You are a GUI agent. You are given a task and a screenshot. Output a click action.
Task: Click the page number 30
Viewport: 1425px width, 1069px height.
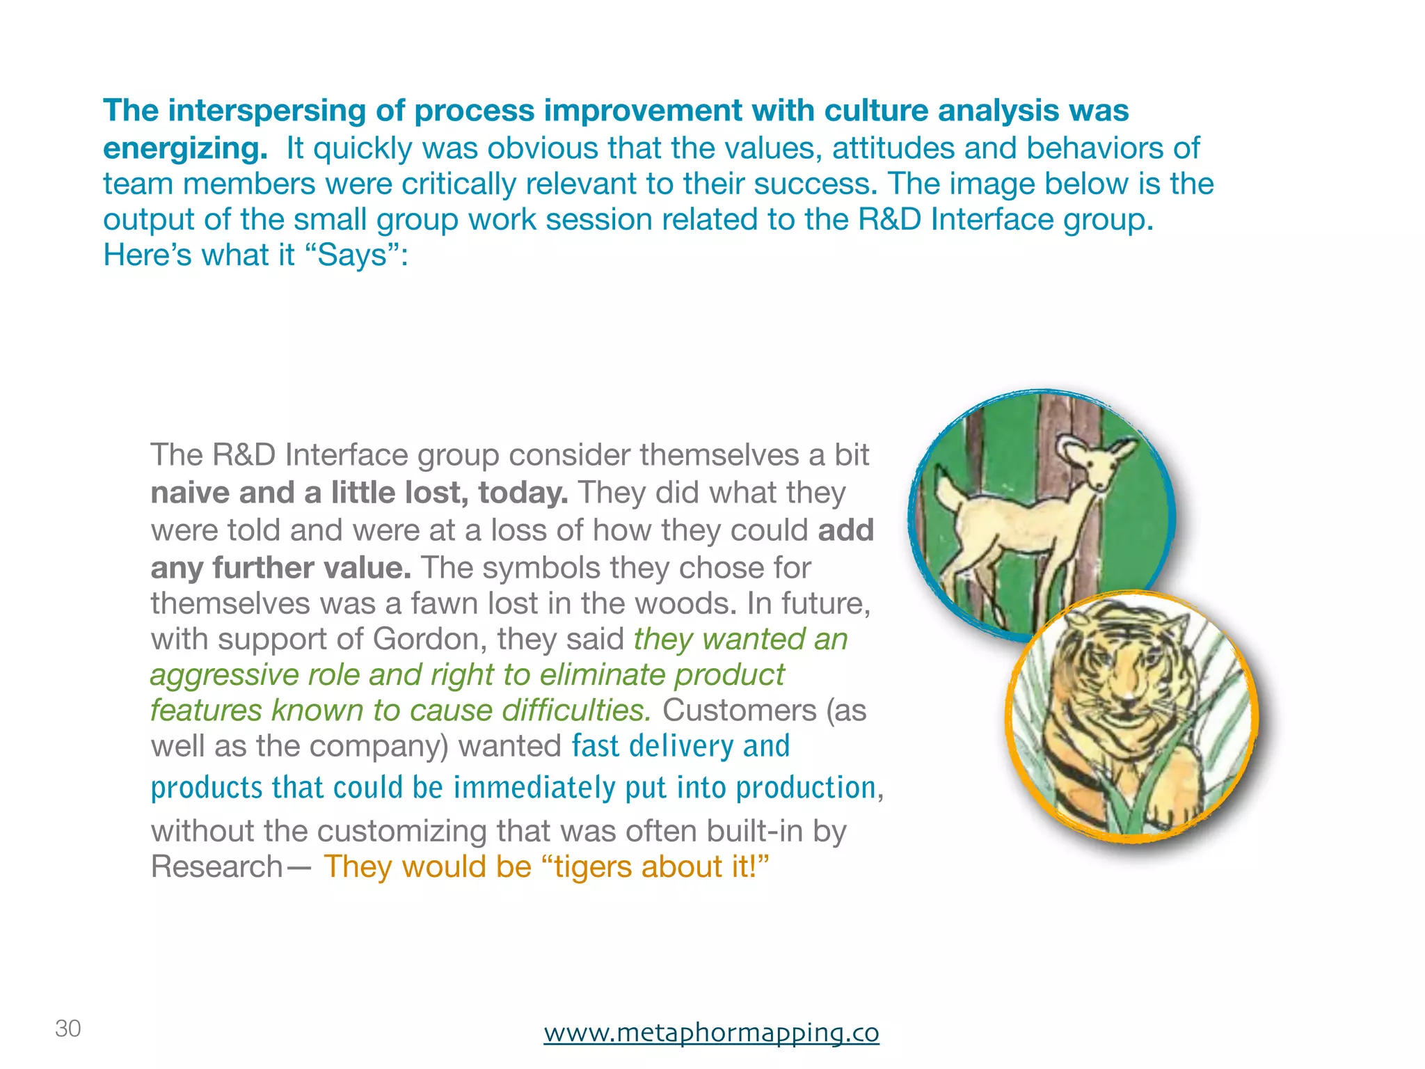pyautogui.click(x=68, y=1028)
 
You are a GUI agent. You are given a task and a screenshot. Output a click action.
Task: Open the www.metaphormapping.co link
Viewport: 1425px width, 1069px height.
pyautogui.click(x=711, y=1031)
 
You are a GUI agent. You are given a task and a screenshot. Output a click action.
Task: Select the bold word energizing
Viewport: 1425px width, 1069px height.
pyautogui.click(x=185, y=148)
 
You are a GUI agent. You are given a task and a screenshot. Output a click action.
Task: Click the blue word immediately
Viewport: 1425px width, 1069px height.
pyautogui.click(x=534, y=788)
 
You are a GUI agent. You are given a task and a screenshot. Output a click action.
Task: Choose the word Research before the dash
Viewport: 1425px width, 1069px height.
pyautogui.click(x=216, y=867)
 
